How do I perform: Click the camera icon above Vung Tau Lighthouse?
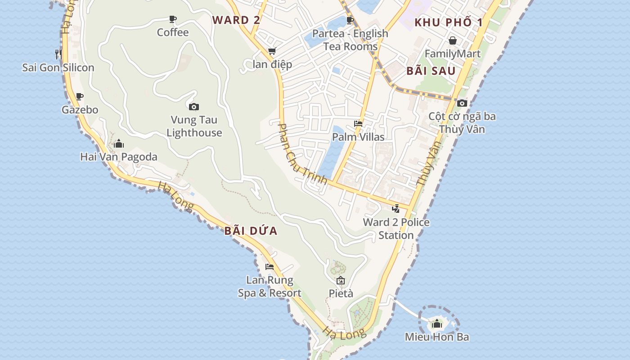click(x=194, y=107)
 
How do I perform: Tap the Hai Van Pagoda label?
click(x=119, y=157)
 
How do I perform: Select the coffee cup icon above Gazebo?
click(x=80, y=96)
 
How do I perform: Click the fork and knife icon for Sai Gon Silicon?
click(x=58, y=54)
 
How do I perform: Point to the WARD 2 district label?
click(x=236, y=20)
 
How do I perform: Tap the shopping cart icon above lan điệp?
click(x=272, y=51)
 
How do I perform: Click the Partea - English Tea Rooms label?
click(x=350, y=40)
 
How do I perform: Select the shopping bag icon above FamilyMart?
click(x=453, y=41)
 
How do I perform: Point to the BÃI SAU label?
click(x=431, y=71)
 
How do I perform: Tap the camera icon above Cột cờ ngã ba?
click(x=462, y=103)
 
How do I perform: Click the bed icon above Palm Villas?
click(x=358, y=124)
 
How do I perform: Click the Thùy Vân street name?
click(x=428, y=164)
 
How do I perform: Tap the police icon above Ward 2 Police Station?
click(x=396, y=209)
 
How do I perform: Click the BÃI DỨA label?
click(x=251, y=231)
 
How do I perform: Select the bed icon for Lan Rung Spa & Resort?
click(x=270, y=267)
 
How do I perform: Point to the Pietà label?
click(x=341, y=293)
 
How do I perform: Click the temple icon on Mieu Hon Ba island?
click(x=437, y=324)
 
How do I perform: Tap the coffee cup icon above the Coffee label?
click(x=173, y=19)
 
